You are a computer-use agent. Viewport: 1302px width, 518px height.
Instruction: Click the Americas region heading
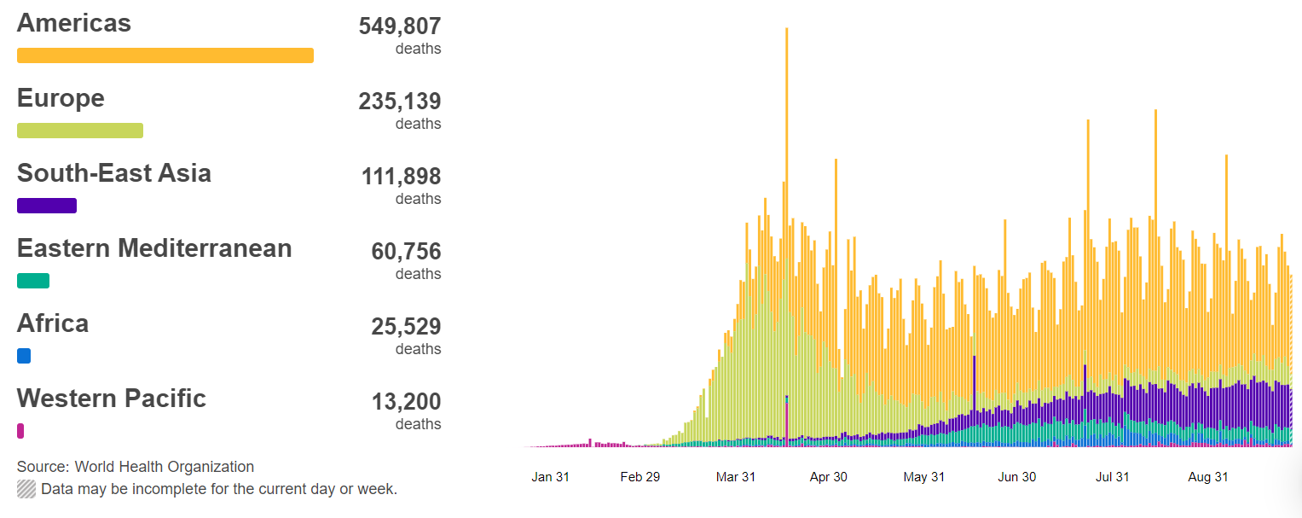(74, 23)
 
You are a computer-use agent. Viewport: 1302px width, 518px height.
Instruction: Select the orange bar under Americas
(165, 55)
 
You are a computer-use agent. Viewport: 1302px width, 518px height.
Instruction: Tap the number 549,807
(400, 26)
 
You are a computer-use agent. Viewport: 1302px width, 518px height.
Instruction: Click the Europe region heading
(61, 98)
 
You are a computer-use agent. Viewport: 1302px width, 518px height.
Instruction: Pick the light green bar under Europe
(80, 131)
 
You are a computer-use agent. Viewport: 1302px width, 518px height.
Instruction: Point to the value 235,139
(400, 102)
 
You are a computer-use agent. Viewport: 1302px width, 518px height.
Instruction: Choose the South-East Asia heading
(114, 173)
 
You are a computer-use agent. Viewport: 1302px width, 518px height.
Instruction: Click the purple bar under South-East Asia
(47, 206)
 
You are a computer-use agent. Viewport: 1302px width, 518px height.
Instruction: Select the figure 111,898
(400, 177)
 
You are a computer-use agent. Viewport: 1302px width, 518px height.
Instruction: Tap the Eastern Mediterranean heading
(154, 248)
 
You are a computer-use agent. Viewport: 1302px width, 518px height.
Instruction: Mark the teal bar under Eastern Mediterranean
(33, 281)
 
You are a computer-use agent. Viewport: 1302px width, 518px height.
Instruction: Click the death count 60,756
(406, 252)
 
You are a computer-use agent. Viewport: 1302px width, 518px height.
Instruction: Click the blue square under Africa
(24, 356)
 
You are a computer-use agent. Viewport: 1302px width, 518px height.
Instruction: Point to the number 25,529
(406, 327)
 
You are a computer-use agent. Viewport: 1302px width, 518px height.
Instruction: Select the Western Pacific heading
(112, 399)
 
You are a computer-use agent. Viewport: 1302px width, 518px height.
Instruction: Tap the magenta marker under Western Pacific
(20, 431)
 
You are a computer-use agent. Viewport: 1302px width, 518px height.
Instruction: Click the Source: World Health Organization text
(136, 467)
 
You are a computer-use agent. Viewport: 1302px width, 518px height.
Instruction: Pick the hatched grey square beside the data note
(26, 489)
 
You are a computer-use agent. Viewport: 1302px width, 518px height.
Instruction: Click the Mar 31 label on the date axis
(736, 477)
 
